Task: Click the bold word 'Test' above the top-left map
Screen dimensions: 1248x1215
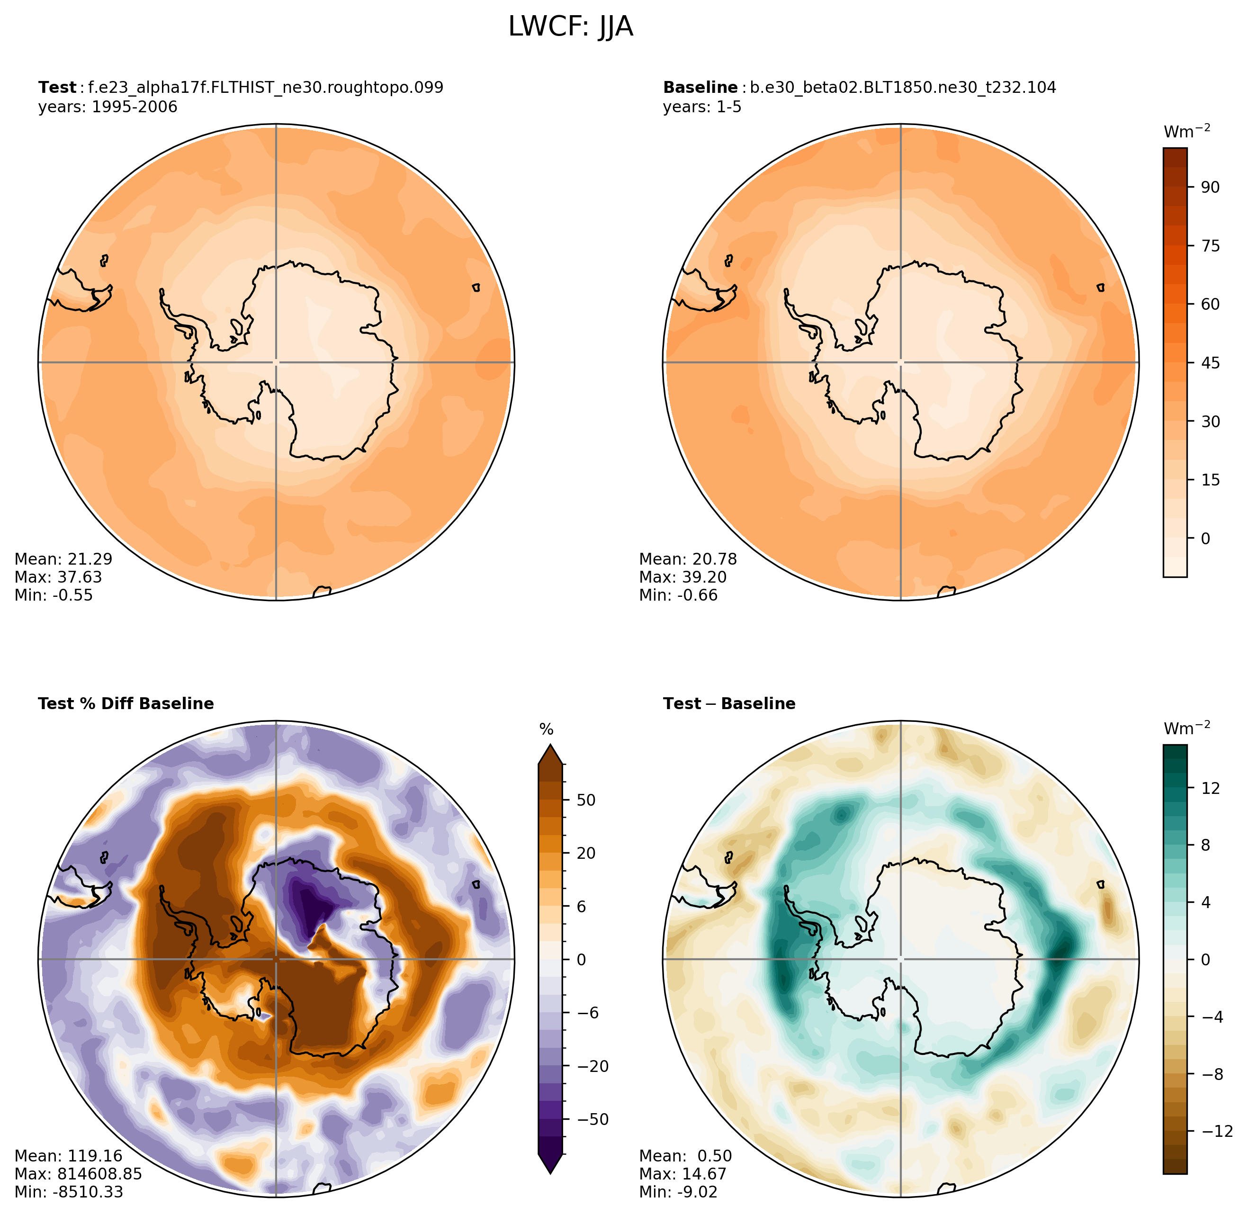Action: (57, 88)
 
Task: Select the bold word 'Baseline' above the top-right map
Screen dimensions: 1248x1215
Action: (700, 88)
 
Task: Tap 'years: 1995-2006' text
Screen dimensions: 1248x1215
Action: (108, 107)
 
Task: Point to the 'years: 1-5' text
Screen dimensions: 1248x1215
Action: (702, 107)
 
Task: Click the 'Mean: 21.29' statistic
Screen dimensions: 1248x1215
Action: (63, 559)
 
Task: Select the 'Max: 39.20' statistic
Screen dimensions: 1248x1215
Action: (682, 577)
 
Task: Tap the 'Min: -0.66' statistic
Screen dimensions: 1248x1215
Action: (678, 595)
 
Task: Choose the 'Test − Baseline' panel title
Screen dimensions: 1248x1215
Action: (729, 703)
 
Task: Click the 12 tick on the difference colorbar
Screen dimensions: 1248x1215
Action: (1210, 789)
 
